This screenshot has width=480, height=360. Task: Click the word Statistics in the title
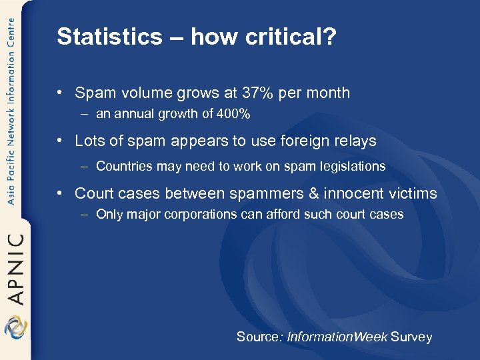click(99, 37)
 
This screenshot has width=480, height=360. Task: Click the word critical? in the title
click(293, 37)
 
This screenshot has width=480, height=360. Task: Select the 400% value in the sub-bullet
click(235, 114)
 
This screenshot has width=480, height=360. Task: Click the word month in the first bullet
click(329, 93)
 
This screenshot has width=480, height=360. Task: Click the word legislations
click(354, 166)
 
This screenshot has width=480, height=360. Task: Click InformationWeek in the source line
click(337, 337)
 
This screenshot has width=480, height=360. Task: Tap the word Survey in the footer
click(411, 337)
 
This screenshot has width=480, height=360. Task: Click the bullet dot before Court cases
click(61, 194)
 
